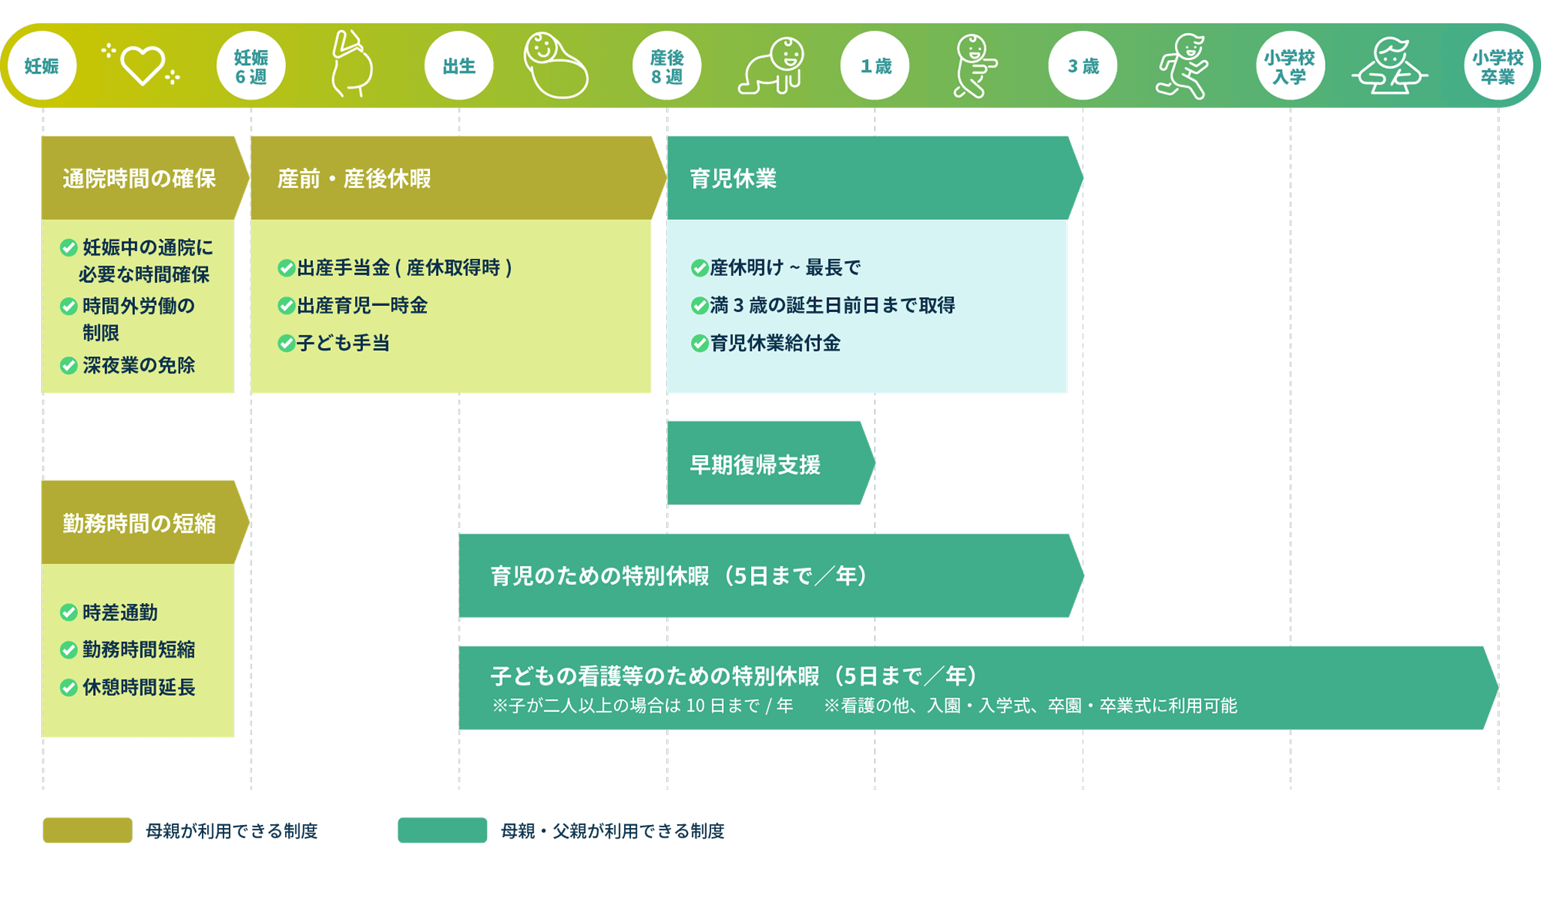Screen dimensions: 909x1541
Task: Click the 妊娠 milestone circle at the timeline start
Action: [x=42, y=66]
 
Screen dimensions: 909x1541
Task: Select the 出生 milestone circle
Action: [x=458, y=66]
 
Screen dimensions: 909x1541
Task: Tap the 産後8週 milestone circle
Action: [x=666, y=66]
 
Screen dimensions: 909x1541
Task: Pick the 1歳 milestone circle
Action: [x=875, y=66]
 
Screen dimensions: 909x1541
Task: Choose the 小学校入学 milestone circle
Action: [x=1290, y=66]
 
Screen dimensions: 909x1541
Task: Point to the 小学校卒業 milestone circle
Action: [x=1497, y=66]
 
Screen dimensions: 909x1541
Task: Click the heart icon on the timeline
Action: [x=142, y=66]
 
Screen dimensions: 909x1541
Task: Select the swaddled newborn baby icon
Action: [x=556, y=66]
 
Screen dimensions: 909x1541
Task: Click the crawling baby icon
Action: [x=772, y=66]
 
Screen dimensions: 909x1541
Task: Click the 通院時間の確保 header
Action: [x=140, y=178]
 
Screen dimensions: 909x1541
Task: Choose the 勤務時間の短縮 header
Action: [x=140, y=523]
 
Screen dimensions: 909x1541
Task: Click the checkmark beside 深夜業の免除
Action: [x=69, y=365]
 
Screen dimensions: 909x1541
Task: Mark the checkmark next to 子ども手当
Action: [x=286, y=343]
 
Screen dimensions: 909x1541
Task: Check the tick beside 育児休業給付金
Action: [x=699, y=343]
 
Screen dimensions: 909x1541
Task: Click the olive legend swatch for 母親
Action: [x=88, y=830]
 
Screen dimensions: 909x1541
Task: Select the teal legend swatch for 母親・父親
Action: [x=442, y=830]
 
